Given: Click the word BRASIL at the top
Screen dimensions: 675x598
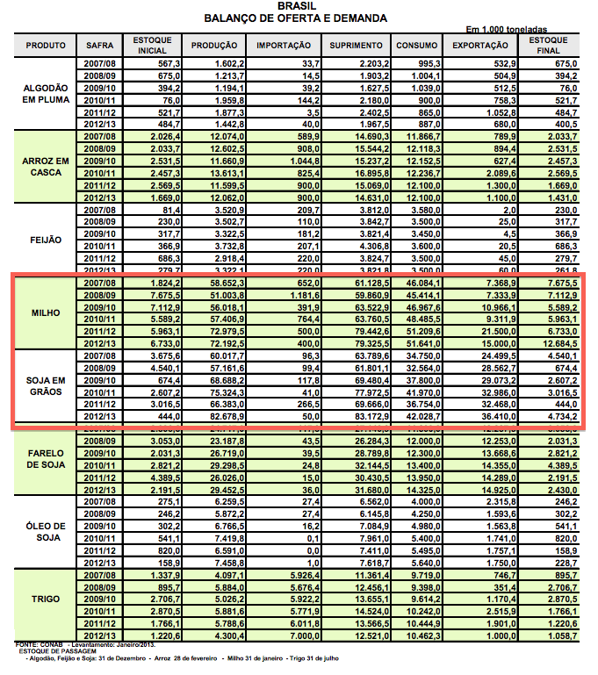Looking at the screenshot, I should point(295,6).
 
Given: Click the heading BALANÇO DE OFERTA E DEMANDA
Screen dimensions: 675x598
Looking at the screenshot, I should point(295,18).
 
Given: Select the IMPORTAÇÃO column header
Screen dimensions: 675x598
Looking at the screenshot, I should point(284,45).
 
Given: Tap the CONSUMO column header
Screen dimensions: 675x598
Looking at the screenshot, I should point(417,45).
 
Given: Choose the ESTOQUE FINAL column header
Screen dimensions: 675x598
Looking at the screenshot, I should point(551,45).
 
